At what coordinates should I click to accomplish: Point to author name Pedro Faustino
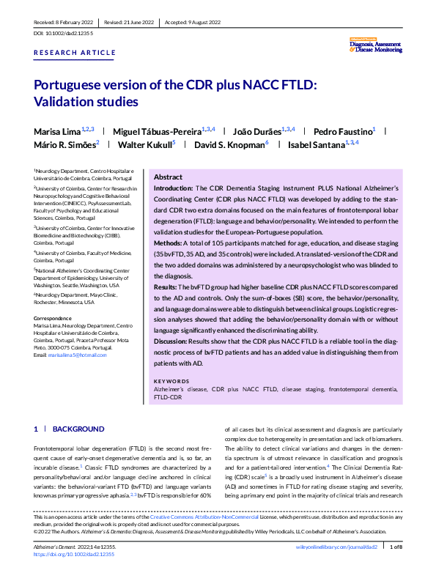342,131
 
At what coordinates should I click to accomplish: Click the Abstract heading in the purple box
168,177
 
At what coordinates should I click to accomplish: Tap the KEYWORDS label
171,381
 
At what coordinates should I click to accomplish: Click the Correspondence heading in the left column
54,317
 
